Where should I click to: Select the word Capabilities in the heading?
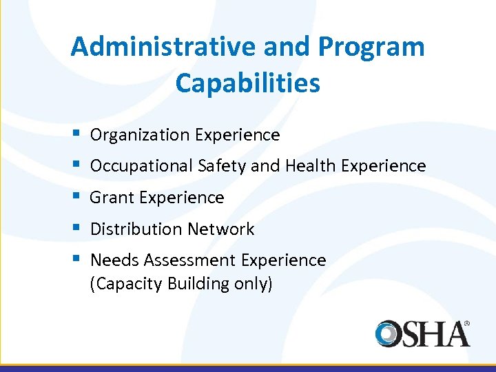248,83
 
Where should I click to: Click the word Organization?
141,135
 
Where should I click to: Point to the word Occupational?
142,166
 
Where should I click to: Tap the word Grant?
112,198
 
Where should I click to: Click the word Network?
222,229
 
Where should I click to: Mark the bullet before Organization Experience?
74,133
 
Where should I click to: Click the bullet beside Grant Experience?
74,196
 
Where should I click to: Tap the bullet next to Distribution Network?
74,227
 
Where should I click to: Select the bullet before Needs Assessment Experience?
74,258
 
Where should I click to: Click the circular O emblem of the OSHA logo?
389,333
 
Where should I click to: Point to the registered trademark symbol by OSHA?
466,322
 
